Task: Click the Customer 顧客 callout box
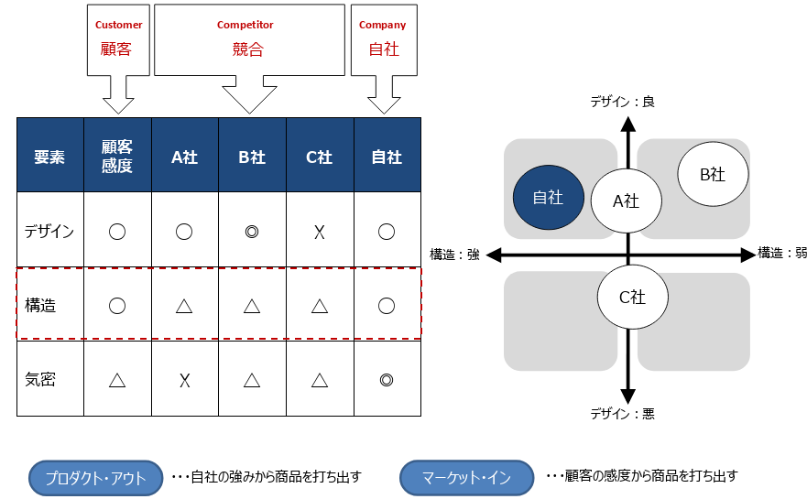[118, 40]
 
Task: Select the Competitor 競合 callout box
[250, 40]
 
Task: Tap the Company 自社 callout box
[384, 40]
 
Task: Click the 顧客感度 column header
[117, 156]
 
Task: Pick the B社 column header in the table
[252, 156]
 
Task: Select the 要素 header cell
[50, 156]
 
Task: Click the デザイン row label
[49, 232]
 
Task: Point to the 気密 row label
[40, 380]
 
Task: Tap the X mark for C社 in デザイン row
[320, 233]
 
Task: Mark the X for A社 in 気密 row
[184, 381]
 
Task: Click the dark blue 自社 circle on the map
[549, 197]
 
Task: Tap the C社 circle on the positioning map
[633, 297]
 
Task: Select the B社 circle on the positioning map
[713, 174]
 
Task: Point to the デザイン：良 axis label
[622, 102]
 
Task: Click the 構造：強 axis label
[454, 255]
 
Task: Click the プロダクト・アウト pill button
[96, 478]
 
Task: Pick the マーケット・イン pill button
[466, 478]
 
